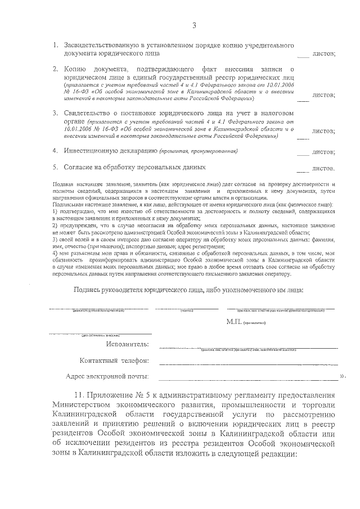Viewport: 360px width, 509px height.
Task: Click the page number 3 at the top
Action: coord(194,26)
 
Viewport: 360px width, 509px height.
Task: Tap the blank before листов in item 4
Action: coord(303,152)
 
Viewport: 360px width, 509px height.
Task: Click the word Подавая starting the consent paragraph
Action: coord(61,184)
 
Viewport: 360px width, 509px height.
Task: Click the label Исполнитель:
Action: coord(128,344)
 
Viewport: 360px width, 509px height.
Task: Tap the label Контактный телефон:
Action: coord(114,360)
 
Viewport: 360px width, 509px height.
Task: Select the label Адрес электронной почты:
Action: coord(107,376)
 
